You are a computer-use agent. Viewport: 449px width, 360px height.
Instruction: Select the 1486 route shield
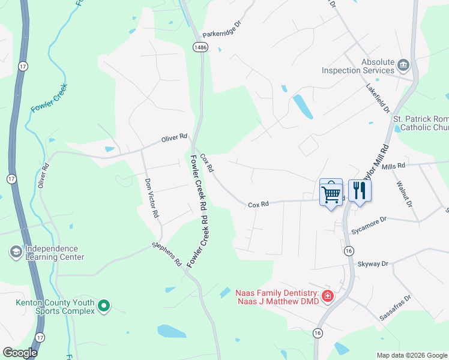pyautogui.click(x=200, y=47)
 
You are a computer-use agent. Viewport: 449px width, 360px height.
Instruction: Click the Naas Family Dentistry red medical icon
pyautogui.click(x=327, y=296)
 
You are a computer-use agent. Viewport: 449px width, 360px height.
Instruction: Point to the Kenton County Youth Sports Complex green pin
pyautogui.click(x=104, y=306)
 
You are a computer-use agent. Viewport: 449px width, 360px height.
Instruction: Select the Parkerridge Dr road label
pyautogui.click(x=221, y=30)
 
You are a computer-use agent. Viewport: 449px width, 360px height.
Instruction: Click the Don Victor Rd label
pyautogui.click(x=151, y=197)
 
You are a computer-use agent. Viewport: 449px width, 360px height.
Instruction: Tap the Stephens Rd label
pyautogui.click(x=166, y=254)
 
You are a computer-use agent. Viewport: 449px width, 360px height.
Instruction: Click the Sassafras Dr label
pyautogui.click(x=396, y=307)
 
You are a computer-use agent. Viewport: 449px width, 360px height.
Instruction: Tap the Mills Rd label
pyautogui.click(x=394, y=165)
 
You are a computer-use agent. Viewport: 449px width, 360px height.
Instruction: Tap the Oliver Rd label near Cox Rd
pyautogui.click(x=175, y=138)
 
